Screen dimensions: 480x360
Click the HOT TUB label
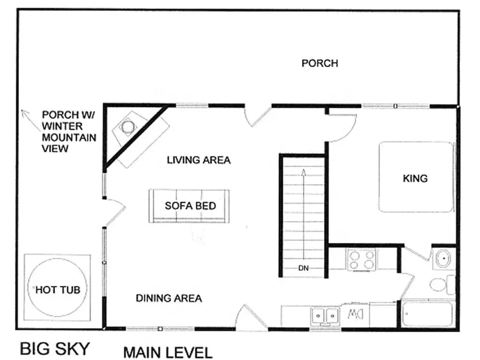coord(58,289)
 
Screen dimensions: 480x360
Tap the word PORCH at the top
coord(320,63)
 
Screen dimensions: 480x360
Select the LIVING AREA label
coord(199,160)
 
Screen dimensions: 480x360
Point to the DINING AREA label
coord(168,298)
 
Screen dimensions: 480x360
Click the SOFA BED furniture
coord(189,206)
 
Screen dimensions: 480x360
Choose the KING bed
coord(416,177)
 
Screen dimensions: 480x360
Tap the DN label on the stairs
coord(303,268)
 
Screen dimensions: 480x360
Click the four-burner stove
coord(361,260)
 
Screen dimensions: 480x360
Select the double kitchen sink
coord(325,316)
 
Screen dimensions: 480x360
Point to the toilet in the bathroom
coord(442,285)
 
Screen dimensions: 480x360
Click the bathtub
coord(427,314)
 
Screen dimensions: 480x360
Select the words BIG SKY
coord(55,349)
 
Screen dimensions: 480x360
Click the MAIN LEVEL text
coord(168,352)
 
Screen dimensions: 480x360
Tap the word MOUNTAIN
coord(69,137)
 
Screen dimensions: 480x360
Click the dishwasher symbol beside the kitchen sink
coord(355,314)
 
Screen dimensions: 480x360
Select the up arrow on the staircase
coord(304,214)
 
